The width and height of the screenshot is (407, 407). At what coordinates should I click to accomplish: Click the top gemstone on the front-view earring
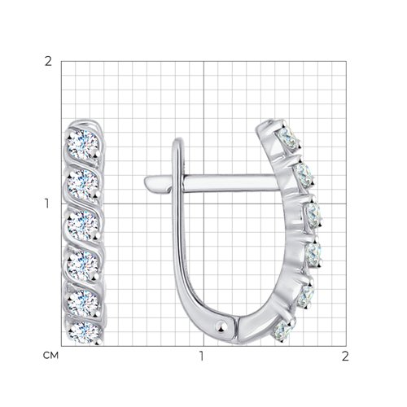pyautogui.click(x=83, y=145)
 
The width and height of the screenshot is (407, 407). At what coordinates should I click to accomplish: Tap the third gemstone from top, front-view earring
pyautogui.click(x=83, y=225)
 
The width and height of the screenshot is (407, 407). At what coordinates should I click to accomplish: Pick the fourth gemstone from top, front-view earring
pyautogui.click(x=83, y=265)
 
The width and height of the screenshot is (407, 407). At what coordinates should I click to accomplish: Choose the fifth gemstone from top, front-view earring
pyautogui.click(x=83, y=303)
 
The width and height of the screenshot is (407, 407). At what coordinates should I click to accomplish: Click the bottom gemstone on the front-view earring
pyautogui.click(x=84, y=333)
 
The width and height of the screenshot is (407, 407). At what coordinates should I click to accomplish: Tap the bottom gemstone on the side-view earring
pyautogui.click(x=282, y=330)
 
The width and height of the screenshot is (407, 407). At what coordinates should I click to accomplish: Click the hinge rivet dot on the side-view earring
pyautogui.click(x=221, y=326)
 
